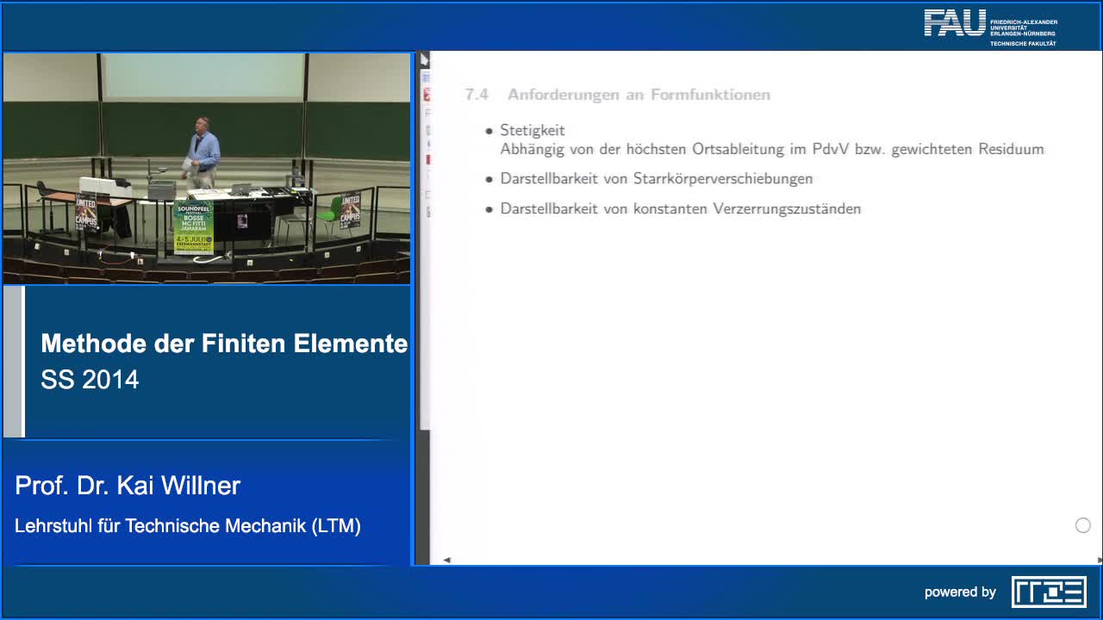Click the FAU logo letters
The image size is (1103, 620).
pyautogui.click(x=955, y=23)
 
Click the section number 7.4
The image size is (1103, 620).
pyautogui.click(x=477, y=95)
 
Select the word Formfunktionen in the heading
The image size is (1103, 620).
pyautogui.click(x=710, y=95)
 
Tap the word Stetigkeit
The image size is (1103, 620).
pyautogui.click(x=533, y=130)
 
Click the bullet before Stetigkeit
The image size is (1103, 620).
pyautogui.click(x=489, y=131)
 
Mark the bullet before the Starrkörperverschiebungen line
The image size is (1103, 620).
pyautogui.click(x=489, y=179)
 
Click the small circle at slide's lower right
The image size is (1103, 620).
pyautogui.click(x=1083, y=525)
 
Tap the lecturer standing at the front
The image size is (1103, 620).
pyautogui.click(x=203, y=151)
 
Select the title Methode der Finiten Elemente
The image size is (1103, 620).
pyautogui.click(x=224, y=344)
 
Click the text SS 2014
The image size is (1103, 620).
pyautogui.click(x=90, y=380)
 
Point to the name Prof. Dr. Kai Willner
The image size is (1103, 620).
pyautogui.click(x=128, y=486)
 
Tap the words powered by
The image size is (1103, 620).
pyautogui.click(x=960, y=592)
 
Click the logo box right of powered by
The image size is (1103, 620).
pyautogui.click(x=1049, y=592)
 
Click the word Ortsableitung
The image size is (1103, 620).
pyautogui.click(x=738, y=149)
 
